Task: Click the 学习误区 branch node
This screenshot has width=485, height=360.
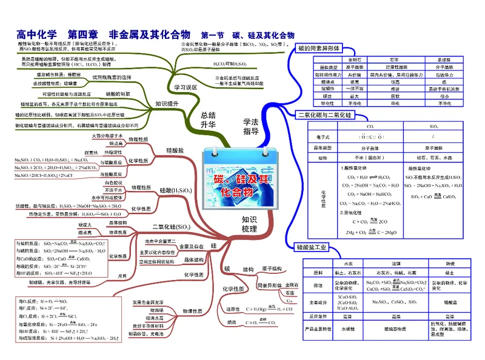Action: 186,88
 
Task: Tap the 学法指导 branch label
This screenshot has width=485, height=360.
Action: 251,126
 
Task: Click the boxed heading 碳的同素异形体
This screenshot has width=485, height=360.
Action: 317,48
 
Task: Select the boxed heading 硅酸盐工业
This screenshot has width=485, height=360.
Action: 312,247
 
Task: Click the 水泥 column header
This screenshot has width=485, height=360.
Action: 348,264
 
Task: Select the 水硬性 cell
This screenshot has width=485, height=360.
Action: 348,329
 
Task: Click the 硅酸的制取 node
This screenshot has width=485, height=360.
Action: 117,95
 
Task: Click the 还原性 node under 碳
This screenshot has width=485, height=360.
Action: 231,308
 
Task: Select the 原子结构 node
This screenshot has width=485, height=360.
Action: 273,267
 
